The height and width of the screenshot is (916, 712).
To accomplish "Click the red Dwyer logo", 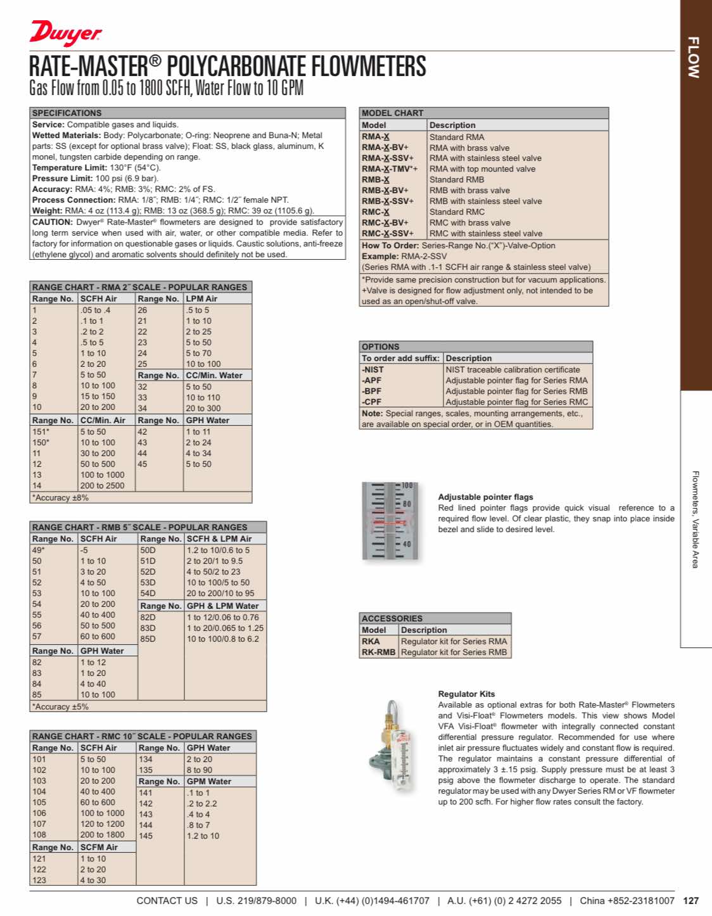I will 65,32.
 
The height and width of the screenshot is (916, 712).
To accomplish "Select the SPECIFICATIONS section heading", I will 67,113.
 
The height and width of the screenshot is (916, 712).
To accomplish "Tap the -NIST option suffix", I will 373,370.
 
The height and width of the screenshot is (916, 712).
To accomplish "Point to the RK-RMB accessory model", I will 378,652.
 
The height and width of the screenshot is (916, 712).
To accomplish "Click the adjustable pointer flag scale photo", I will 390,521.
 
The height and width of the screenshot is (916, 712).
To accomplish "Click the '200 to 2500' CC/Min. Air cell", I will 103,486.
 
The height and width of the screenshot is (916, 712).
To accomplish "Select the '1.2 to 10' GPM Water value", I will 203,836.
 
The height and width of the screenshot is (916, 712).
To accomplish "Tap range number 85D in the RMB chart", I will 148,639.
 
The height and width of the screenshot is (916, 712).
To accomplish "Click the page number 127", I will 691,901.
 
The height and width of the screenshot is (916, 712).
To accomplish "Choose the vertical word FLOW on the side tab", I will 694,57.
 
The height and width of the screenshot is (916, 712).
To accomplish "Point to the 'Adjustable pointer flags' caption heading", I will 485,497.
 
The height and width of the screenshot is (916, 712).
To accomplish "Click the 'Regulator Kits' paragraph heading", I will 466,694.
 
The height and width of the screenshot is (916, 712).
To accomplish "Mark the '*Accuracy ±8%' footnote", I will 61,498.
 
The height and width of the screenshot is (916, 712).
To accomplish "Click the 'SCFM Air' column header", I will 99,848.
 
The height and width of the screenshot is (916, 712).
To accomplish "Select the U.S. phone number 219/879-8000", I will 256,901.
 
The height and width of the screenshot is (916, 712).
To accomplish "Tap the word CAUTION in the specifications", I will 52,222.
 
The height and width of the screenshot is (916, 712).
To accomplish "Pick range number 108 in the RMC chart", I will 39,835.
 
